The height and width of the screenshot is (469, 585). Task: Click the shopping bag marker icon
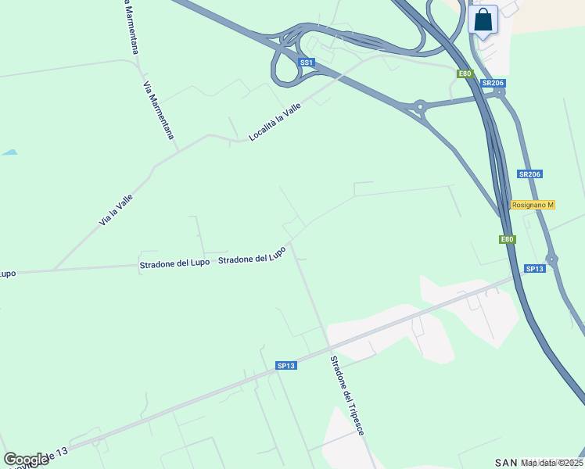point(483,20)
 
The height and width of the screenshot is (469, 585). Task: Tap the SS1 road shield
point(307,63)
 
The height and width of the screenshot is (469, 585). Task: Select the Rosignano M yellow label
point(533,205)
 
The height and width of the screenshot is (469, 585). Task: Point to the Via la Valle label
point(116,210)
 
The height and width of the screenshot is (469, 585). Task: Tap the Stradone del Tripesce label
point(347,396)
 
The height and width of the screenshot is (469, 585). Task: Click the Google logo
point(26,460)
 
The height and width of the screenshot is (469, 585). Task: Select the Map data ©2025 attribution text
point(552,463)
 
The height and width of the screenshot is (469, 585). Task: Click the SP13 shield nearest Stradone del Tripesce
point(286,366)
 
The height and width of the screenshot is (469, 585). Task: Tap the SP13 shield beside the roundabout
point(534,269)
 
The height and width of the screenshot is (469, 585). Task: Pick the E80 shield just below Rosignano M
point(508,240)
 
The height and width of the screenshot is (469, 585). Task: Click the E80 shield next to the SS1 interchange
point(465,73)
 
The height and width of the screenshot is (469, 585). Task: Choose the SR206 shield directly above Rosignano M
point(529,174)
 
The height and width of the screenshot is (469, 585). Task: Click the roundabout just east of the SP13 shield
point(552,260)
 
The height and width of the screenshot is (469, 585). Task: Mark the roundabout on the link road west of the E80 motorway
point(420,106)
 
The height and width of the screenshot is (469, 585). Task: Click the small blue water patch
point(9,152)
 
